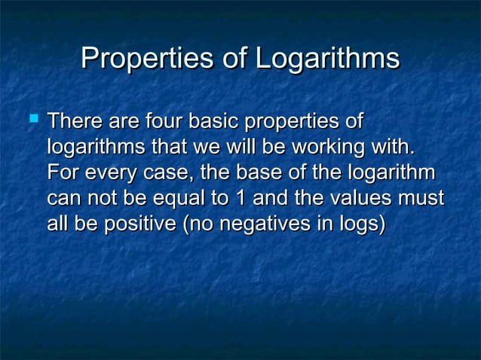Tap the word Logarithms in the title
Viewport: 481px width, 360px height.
coord(328,59)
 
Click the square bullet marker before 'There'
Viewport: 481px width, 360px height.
coord(32,118)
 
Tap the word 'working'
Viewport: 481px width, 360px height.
coord(329,147)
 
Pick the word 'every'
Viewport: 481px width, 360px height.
coord(110,172)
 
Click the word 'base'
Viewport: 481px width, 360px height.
coord(257,172)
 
